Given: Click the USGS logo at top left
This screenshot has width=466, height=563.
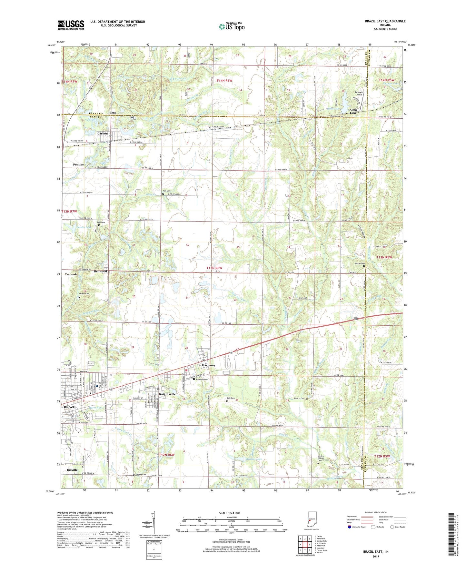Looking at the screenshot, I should point(71,25).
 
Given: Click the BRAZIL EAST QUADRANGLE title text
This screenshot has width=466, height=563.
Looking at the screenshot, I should point(385,21).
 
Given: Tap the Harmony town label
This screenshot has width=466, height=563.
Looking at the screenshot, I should point(208,365).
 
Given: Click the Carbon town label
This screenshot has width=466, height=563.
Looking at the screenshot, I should point(103,133).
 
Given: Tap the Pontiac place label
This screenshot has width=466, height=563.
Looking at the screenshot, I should point(78,165).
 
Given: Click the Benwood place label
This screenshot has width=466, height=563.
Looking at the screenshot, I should point(100,272).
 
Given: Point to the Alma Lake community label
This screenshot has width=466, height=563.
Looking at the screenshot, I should point(353,111).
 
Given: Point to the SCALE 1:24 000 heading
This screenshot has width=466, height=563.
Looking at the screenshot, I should point(229,513).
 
